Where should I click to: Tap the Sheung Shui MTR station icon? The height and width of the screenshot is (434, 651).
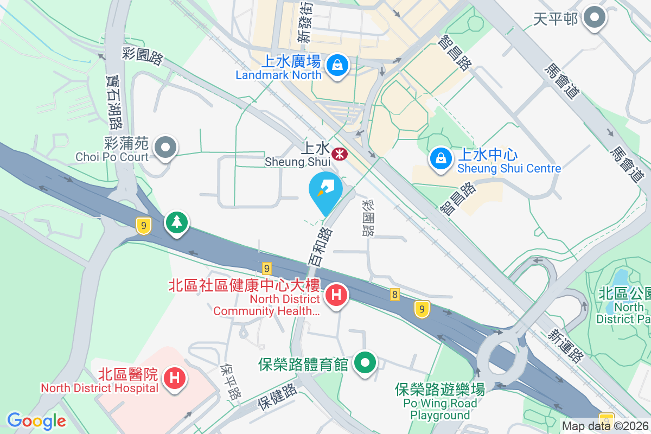[340, 155]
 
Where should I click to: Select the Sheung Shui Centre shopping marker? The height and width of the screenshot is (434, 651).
[441, 159]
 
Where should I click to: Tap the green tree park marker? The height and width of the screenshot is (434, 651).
[177, 222]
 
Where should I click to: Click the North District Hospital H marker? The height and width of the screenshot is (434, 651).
[175, 377]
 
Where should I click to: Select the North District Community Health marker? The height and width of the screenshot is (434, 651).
[336, 296]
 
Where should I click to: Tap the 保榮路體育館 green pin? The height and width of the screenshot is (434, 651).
[366, 362]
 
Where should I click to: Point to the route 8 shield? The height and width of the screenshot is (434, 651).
[394, 295]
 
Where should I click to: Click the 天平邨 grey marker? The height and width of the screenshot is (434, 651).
[595, 18]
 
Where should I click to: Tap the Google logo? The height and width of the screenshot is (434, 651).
[36, 421]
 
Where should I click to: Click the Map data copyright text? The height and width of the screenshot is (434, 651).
[605, 426]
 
